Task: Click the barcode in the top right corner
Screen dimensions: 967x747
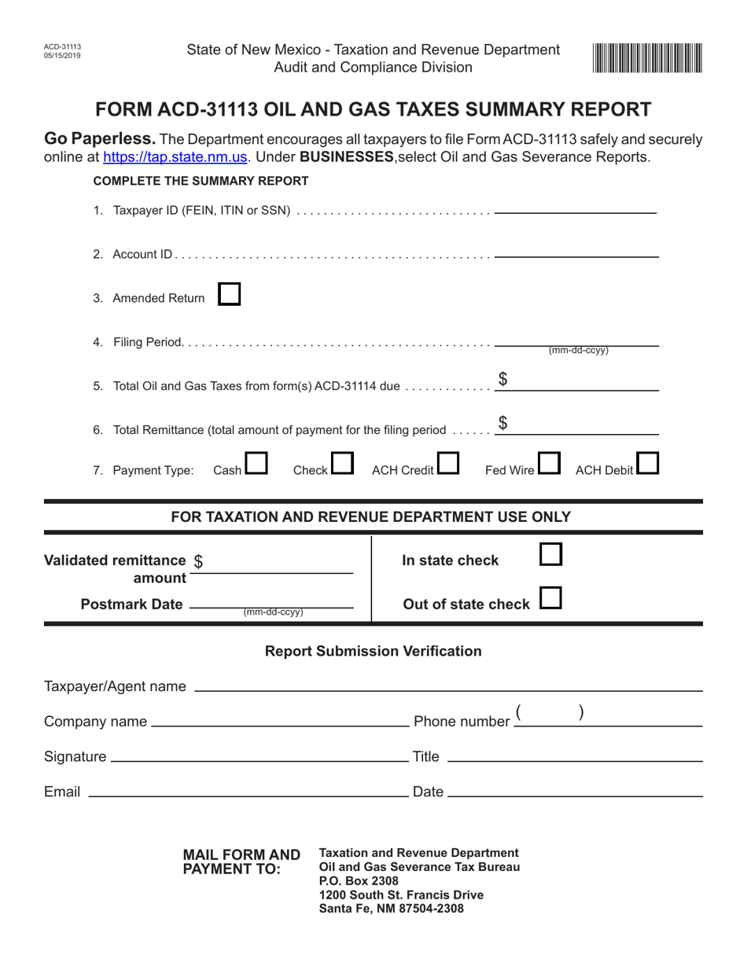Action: [648, 58]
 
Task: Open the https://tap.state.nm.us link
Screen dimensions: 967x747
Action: [176, 156]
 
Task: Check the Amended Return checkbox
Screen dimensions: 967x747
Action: [229, 295]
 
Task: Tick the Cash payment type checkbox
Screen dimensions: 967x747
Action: [256, 464]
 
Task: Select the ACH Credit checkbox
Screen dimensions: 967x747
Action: [448, 464]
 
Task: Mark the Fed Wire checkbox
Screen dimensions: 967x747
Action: [549, 464]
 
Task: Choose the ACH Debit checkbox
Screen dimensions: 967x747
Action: [647, 464]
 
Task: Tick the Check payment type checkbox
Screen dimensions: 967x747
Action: [342, 464]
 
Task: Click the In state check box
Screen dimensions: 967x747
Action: [551, 555]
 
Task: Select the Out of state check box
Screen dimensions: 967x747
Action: [551, 599]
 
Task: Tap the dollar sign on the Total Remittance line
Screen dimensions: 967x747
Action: [502, 424]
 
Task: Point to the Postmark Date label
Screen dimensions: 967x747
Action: [131, 604]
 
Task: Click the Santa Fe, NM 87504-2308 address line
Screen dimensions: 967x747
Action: [391, 909]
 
